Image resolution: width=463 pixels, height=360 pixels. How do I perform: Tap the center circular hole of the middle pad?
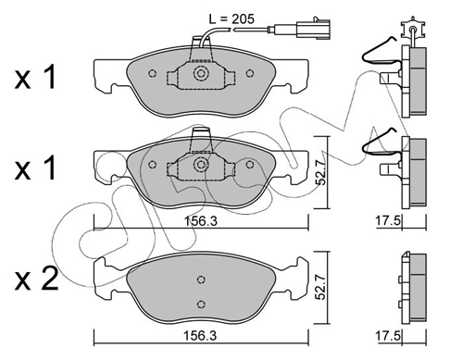click(x=201, y=165)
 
